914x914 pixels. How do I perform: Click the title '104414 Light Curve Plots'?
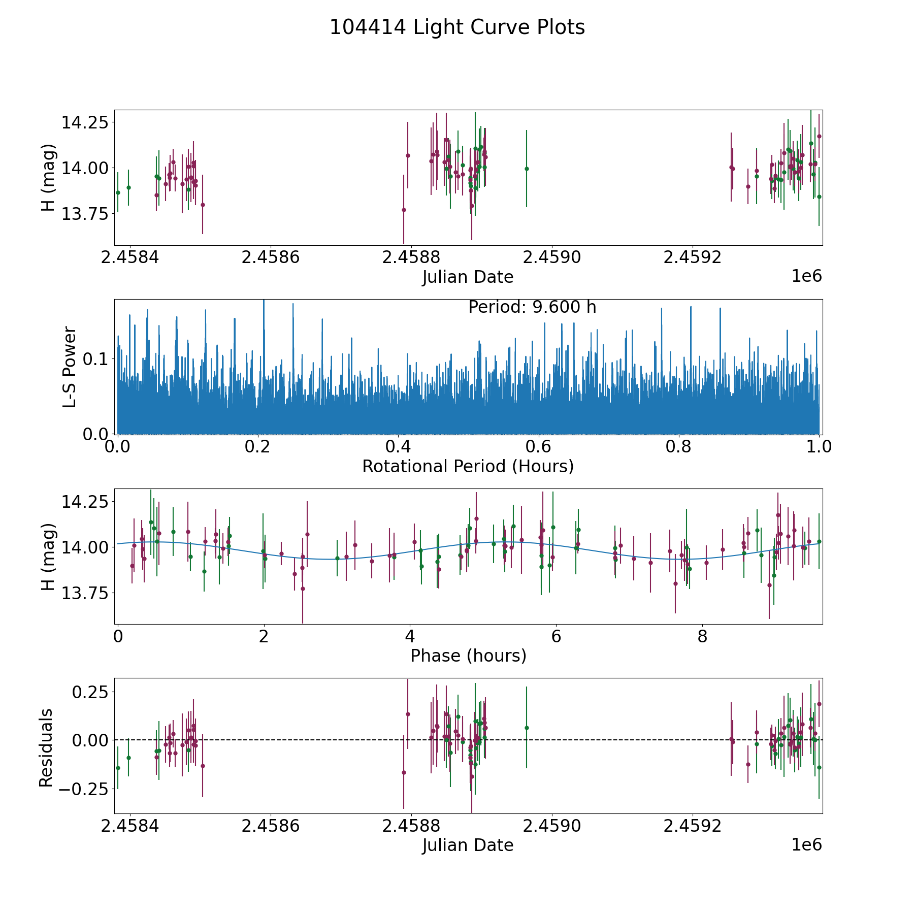point(457,27)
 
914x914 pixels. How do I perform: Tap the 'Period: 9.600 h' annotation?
point(532,307)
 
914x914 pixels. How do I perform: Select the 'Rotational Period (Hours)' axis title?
point(468,466)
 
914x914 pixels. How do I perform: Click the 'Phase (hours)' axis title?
point(468,656)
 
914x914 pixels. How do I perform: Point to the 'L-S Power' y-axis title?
point(70,367)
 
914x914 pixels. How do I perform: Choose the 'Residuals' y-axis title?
point(46,747)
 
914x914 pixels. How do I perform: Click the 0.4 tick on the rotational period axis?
point(398,447)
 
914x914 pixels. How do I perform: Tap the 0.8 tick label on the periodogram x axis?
point(679,447)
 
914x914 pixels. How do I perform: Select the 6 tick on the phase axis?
point(556,636)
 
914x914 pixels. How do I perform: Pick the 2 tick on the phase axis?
point(264,636)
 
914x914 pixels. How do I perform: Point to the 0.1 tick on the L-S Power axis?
point(96,359)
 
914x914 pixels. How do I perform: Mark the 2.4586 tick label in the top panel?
point(270,257)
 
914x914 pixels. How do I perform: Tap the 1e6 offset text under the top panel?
point(806,277)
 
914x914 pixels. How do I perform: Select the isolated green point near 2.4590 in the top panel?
point(527,169)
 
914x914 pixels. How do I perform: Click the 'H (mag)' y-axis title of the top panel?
point(48,178)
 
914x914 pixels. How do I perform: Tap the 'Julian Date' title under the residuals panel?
point(468,845)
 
